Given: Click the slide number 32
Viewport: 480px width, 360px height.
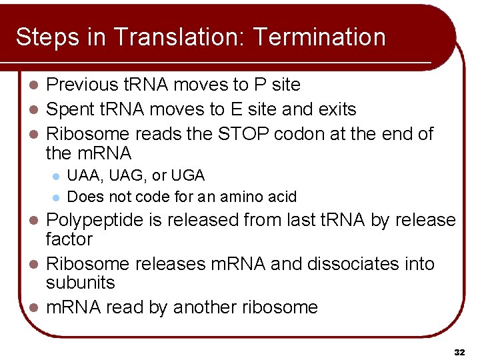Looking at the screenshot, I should (x=459, y=351).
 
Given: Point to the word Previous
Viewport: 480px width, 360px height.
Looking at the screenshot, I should (x=83, y=85).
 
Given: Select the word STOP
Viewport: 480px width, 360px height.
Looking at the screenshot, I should (x=246, y=134).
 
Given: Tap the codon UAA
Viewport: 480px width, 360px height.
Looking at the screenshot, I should (x=81, y=176).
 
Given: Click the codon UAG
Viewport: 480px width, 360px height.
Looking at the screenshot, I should (x=117, y=176).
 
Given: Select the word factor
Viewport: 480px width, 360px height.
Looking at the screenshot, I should (x=69, y=239).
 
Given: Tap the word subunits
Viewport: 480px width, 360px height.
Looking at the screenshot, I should (x=80, y=283).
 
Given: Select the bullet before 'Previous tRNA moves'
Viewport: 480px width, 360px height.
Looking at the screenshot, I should (x=37, y=85).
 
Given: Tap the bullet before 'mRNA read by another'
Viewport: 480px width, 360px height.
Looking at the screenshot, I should (x=37, y=308).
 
